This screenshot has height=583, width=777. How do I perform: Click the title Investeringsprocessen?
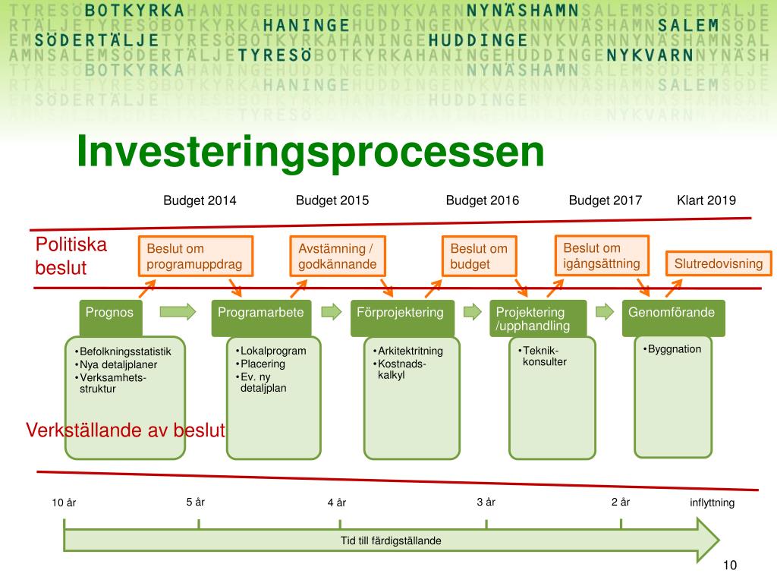point(310,152)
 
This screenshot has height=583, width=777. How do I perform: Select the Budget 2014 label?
point(200,200)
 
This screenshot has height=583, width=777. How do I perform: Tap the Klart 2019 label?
point(706,200)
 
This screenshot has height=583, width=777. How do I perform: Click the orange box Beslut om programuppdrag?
point(194,256)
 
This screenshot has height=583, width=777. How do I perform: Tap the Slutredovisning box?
point(718,263)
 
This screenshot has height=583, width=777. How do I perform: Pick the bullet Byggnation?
point(674,349)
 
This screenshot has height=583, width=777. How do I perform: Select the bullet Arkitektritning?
point(410,351)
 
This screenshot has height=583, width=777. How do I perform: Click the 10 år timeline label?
point(64,503)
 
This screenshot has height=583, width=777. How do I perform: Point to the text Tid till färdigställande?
point(391,540)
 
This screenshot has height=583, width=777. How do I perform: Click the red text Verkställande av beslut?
point(126,430)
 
